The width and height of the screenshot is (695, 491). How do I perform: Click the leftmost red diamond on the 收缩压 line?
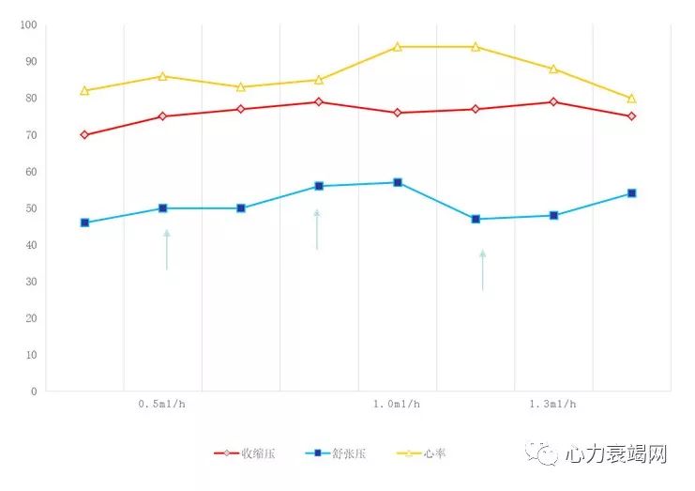84,135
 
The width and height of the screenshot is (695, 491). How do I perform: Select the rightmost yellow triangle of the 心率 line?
631,99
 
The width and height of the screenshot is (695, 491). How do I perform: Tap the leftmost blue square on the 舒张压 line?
84,222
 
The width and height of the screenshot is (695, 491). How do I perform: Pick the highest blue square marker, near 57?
398,182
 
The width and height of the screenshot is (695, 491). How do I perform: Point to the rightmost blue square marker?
631,193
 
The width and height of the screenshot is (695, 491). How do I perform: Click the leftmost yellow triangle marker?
84,91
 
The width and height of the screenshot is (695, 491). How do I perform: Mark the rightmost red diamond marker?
631,116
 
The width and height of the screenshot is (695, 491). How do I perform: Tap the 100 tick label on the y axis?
28,25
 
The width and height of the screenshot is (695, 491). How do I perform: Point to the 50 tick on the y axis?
32,208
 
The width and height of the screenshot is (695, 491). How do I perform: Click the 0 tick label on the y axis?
35,391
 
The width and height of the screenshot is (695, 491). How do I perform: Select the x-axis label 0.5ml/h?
161,405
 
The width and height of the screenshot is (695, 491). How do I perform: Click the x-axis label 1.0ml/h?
397,405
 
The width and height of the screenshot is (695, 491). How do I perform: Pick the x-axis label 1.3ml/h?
552,405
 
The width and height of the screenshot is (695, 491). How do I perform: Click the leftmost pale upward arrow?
167,250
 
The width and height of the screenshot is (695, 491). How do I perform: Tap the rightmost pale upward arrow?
483,269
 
